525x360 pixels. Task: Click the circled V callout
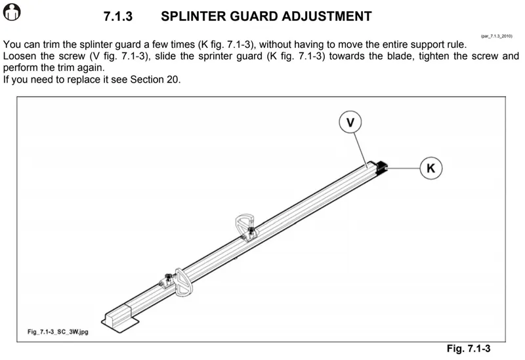pyautogui.click(x=352, y=122)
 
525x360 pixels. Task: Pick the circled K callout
pyautogui.click(x=430, y=169)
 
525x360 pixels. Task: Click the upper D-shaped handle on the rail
pyautogui.click(x=245, y=224)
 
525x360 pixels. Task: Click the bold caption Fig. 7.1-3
pyautogui.click(x=469, y=349)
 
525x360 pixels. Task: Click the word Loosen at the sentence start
pyautogui.click(x=20, y=56)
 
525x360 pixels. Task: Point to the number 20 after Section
pyautogui.click(x=173, y=80)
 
